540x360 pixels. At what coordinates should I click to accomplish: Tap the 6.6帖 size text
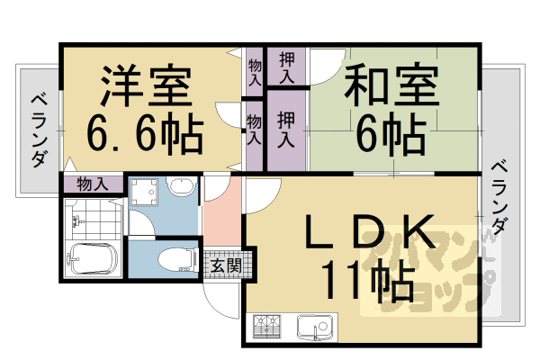(x=144, y=135)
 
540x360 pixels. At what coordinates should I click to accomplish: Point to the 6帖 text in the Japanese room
(x=389, y=135)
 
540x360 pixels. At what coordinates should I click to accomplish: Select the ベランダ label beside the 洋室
(x=39, y=130)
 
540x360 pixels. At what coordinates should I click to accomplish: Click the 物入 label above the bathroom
(x=93, y=184)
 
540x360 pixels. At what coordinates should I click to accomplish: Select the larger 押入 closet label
(x=285, y=128)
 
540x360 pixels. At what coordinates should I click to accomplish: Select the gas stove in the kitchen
(x=267, y=326)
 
